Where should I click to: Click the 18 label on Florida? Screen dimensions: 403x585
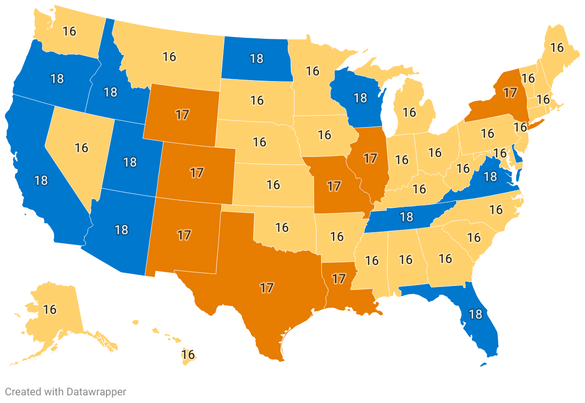475,315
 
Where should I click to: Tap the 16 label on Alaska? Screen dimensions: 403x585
50,309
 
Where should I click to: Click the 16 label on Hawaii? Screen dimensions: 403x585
188,355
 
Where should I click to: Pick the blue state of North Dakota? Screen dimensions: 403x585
257,59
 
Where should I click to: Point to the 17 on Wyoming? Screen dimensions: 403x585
182,115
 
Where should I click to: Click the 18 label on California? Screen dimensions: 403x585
41,180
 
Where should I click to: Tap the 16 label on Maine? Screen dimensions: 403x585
557,47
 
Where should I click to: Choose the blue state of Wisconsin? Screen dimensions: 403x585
360,98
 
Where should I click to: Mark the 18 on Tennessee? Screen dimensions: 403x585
406,217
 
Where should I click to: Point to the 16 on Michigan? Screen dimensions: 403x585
409,112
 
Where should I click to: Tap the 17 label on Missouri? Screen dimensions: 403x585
334,185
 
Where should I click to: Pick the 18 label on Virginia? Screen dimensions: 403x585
490,177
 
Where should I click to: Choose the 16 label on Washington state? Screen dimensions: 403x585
70,31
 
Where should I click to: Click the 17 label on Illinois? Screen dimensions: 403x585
370,158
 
